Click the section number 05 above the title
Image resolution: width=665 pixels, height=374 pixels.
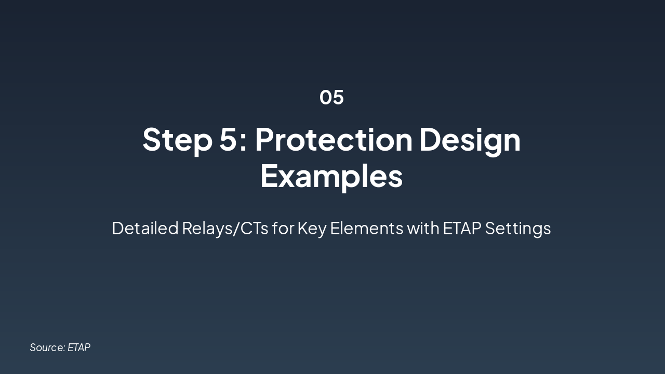coord(331,97)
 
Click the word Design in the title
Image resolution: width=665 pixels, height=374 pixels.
coord(470,140)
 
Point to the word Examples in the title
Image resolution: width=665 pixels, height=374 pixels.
coord(331,177)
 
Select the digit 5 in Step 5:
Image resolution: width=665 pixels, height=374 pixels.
coord(228,139)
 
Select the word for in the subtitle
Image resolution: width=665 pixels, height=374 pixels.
coord(283,228)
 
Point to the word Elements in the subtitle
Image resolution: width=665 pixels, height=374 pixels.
coord(367,228)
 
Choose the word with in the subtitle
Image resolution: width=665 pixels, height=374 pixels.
coord(423,228)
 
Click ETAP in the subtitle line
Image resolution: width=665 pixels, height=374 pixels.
coord(462,228)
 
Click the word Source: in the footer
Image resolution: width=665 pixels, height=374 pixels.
coord(47,348)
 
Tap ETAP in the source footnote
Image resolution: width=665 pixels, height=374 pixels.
coord(79,348)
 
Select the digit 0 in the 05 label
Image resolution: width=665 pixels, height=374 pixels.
coord(326,97)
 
